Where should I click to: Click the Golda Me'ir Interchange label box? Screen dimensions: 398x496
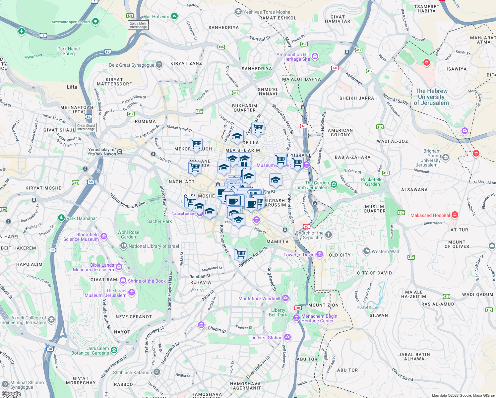pos(138,25)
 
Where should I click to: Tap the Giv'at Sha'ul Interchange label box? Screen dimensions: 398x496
pos(86,127)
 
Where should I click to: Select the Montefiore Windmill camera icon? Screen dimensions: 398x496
pos(285,298)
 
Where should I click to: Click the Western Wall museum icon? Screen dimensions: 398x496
pos(366,251)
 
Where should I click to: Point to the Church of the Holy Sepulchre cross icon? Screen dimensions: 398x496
pos(328,235)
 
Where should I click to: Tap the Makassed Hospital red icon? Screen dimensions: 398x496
pos(455,215)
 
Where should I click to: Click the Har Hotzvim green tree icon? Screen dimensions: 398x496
pos(174,16)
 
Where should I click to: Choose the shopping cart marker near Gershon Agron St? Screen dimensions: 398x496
pos(240,254)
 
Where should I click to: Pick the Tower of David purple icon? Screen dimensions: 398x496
pos(320,254)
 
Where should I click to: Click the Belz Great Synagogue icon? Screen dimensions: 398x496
pos(159,65)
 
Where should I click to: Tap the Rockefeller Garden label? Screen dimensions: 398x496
pos(372,182)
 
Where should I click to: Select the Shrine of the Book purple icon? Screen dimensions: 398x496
pos(123,281)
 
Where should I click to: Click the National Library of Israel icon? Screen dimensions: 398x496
pos(124,246)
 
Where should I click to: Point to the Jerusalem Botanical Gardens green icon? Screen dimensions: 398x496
pos(114,350)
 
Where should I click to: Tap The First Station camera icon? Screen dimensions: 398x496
pos(287,337)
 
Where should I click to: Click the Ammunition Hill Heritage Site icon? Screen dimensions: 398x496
pos(315,56)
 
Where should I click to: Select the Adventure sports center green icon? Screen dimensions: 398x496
pos(95,22)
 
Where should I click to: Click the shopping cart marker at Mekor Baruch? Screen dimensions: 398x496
pos(196,144)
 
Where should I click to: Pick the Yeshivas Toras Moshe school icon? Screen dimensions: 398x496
pos(238,12)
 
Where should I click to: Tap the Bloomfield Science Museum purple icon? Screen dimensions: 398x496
pos(104,236)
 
